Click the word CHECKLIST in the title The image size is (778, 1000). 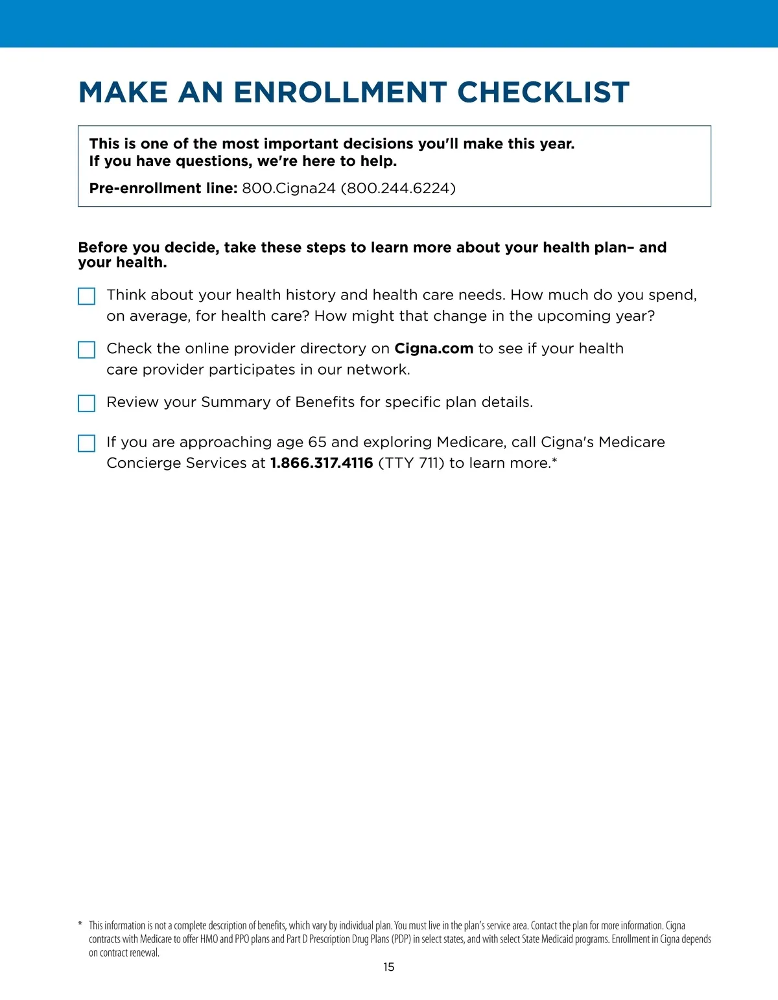(x=543, y=93)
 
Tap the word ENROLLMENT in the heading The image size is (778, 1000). (x=340, y=93)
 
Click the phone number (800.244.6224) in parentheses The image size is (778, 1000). (x=398, y=189)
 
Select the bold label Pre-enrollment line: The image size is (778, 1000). (x=163, y=189)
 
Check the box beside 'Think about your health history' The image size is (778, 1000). (x=86, y=296)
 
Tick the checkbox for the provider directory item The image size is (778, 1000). (x=86, y=350)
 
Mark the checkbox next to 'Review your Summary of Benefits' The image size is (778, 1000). (x=86, y=403)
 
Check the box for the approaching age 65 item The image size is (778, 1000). (x=86, y=443)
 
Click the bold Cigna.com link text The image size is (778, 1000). (x=434, y=349)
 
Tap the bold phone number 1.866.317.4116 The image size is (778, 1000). (x=322, y=463)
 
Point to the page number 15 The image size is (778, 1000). (x=388, y=967)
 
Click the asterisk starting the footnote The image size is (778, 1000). (x=80, y=925)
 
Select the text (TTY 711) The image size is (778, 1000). (x=411, y=463)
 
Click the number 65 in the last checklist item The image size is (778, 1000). (x=317, y=442)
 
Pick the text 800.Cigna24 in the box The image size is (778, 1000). (x=289, y=189)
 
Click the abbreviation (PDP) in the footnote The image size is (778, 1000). (x=401, y=939)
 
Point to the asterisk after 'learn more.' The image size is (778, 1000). (x=554, y=460)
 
